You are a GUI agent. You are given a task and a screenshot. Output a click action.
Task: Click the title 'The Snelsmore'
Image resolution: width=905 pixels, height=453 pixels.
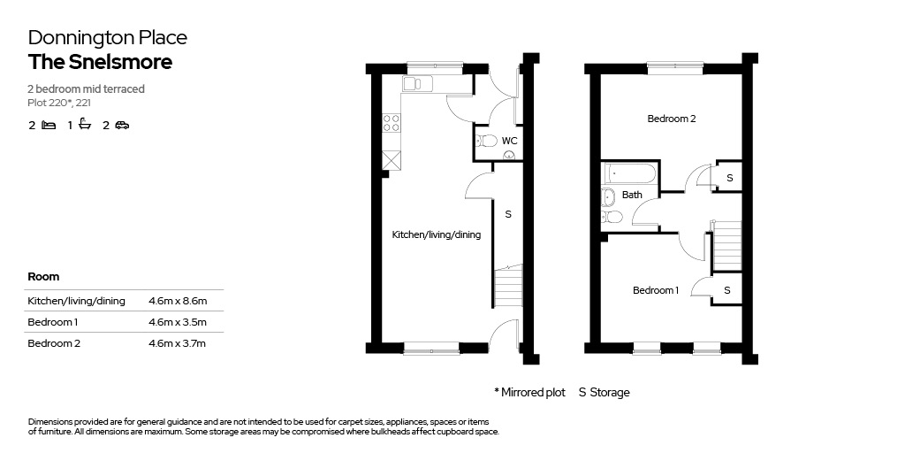point(100,62)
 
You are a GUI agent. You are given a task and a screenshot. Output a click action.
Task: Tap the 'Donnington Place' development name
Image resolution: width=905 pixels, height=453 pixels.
point(107,38)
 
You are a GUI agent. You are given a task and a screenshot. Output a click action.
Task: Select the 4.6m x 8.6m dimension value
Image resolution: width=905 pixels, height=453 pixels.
point(177,301)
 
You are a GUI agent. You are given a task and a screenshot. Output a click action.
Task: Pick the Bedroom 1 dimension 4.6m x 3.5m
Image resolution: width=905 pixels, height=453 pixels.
point(177,322)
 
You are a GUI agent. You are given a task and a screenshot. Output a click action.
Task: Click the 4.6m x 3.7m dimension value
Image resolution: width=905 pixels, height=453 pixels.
point(177,343)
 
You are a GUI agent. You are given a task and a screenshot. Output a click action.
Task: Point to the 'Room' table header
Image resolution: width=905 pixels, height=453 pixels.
point(43,277)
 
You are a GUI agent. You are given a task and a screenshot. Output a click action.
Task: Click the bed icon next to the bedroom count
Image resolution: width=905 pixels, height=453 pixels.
point(49,125)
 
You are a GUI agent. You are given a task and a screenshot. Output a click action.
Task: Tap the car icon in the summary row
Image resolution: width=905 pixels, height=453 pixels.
point(122,125)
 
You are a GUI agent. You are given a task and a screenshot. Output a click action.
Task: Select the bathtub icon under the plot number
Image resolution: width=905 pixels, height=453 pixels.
point(86,124)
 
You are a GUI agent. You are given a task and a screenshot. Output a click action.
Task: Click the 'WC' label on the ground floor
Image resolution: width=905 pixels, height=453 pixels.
point(509,141)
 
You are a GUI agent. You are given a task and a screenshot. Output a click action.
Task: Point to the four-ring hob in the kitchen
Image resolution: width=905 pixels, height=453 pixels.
point(392,122)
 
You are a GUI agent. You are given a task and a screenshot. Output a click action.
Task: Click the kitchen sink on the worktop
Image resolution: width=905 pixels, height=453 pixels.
point(418,84)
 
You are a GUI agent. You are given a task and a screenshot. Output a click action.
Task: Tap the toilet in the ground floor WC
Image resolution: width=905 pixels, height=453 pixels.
point(486,141)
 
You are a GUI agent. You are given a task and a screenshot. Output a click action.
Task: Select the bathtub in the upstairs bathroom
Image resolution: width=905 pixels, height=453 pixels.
point(629,173)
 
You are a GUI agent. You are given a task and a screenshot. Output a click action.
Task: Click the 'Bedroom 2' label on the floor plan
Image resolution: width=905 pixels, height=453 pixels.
point(672,119)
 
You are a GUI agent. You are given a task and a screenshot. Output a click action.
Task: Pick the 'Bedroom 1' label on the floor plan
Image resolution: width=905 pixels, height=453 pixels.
point(656,290)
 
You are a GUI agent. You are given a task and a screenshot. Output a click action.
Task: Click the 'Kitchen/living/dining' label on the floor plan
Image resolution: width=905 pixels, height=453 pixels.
point(437,235)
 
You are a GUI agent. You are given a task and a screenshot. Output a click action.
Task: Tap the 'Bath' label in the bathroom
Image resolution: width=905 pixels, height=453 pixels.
point(632,195)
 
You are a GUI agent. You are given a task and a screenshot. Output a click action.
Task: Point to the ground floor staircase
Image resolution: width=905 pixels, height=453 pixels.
point(508,287)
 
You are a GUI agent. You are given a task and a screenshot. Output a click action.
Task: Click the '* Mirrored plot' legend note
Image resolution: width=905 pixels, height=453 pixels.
point(530,392)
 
